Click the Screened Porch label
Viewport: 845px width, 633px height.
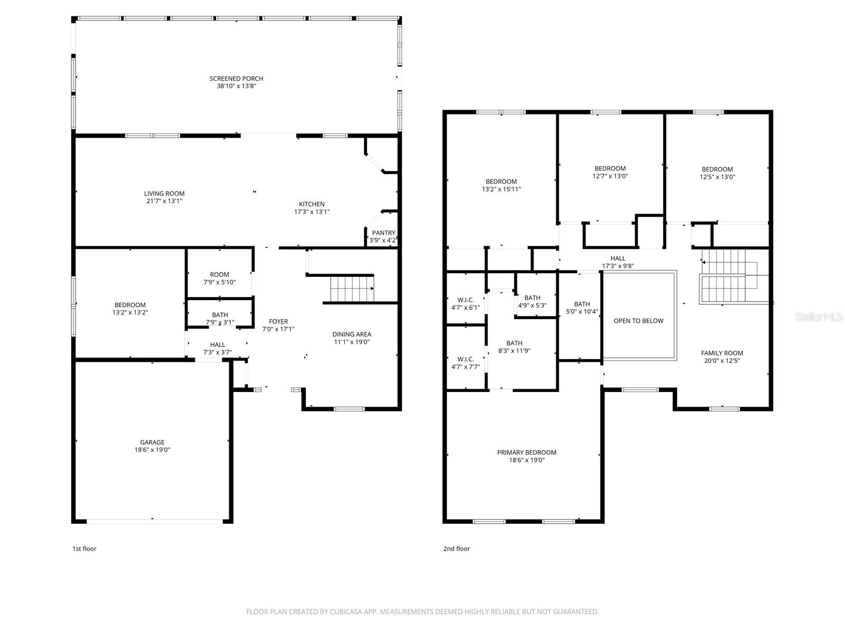(x=236, y=79)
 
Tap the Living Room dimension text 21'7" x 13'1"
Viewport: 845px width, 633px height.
(x=164, y=201)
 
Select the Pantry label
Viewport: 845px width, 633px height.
(x=383, y=233)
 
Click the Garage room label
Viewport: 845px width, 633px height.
(x=152, y=442)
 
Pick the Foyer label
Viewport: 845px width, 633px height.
(x=278, y=321)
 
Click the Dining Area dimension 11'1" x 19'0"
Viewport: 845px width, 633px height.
(x=351, y=341)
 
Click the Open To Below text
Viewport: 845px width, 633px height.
(x=638, y=321)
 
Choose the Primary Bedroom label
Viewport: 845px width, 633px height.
(x=527, y=452)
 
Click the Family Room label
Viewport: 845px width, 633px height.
(x=721, y=353)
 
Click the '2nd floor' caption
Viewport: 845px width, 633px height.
(x=456, y=549)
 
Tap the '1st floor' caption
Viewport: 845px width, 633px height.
(x=84, y=549)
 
